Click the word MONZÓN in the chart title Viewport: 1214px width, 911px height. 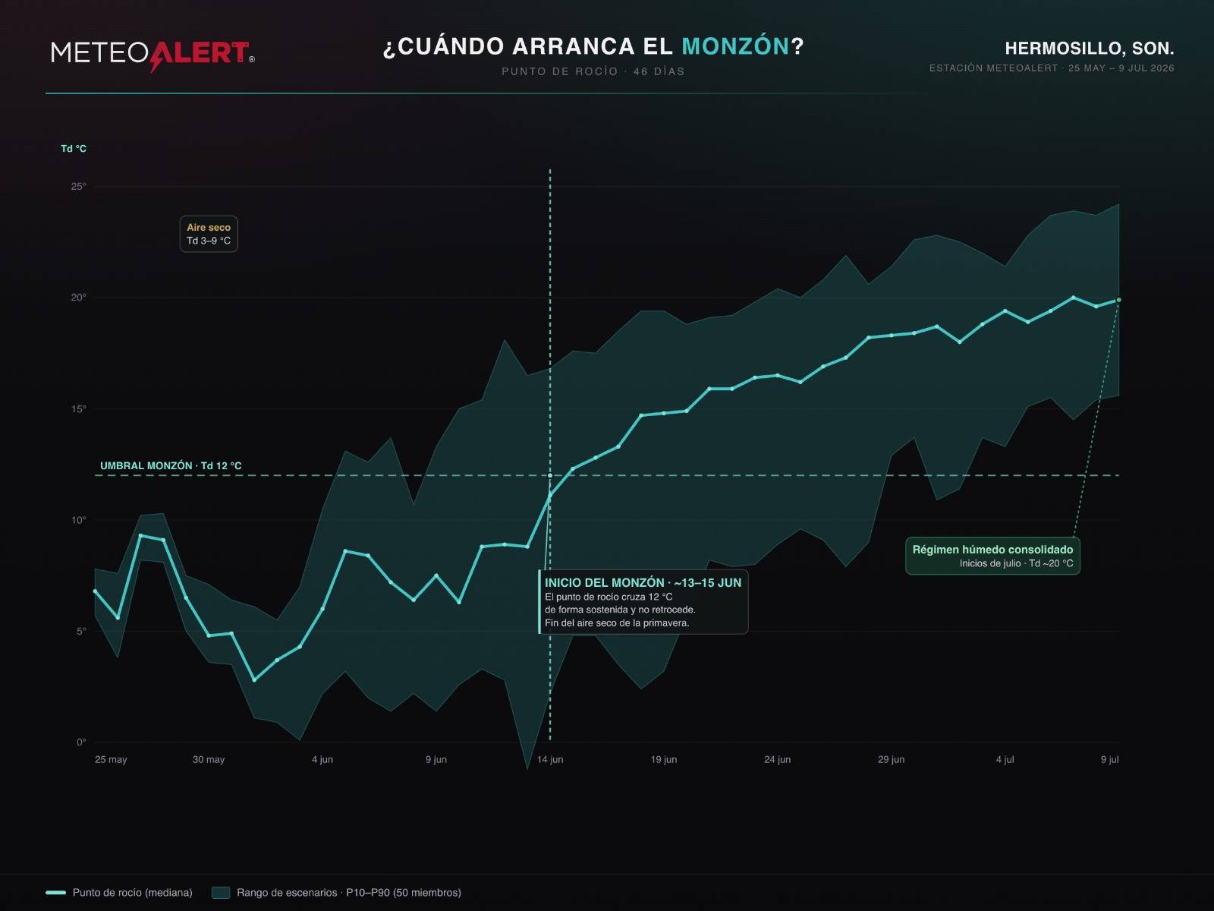point(735,46)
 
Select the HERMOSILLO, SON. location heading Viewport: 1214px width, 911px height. point(1089,49)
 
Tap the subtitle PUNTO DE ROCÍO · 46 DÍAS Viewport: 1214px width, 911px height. point(593,71)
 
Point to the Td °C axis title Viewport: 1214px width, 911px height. point(74,149)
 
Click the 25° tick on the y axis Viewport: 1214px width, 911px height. point(79,187)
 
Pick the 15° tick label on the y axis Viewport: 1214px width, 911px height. point(79,408)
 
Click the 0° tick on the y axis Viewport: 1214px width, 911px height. point(81,742)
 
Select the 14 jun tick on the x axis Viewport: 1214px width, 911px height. point(550,759)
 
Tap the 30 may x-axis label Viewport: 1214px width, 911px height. point(209,759)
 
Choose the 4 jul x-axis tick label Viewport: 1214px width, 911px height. point(1005,759)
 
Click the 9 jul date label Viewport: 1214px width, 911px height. point(1109,759)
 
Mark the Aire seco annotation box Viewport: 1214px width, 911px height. point(209,234)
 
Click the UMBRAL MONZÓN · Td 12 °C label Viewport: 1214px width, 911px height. point(171,465)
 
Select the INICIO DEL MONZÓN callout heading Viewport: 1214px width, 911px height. point(643,582)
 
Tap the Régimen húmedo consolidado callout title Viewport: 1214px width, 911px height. point(992,549)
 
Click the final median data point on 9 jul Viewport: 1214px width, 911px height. point(1119,300)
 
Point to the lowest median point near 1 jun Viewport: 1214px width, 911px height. point(254,679)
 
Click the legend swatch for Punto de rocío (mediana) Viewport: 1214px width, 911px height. point(56,892)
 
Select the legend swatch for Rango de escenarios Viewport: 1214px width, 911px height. point(221,892)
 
